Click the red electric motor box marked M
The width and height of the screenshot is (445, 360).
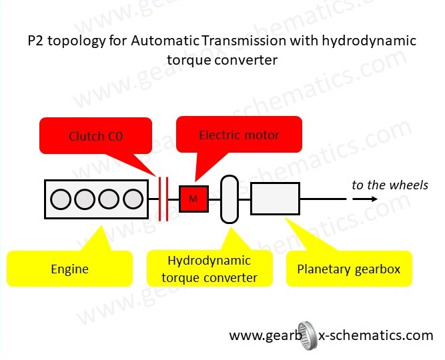pyautogui.click(x=193, y=198)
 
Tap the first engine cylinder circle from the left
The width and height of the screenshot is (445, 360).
pyautogui.click(x=61, y=199)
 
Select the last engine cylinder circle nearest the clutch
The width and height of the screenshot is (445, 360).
pyautogui.click(x=133, y=199)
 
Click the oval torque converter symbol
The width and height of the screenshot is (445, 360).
pyautogui.click(x=229, y=199)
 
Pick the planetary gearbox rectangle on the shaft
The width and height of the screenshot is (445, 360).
pyautogui.click(x=275, y=199)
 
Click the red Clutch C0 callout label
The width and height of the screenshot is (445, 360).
pyautogui.click(x=95, y=137)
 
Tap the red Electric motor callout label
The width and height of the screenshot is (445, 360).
pyautogui.click(x=239, y=135)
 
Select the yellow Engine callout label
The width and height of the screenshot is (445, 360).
pyautogui.click(x=69, y=269)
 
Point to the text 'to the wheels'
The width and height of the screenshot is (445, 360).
pyautogui.click(x=390, y=184)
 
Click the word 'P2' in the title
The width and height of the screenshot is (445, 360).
pyautogui.click(x=37, y=41)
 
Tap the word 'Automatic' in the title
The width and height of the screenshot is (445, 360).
pyautogui.click(x=161, y=41)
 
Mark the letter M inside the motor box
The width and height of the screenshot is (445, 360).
pyautogui.click(x=193, y=199)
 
